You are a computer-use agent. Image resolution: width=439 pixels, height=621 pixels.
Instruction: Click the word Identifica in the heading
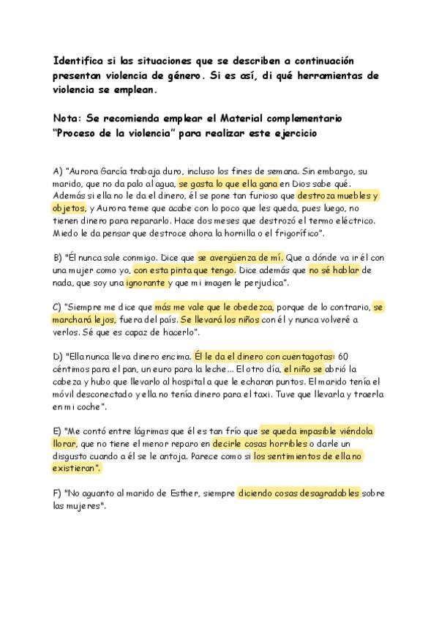point(80,60)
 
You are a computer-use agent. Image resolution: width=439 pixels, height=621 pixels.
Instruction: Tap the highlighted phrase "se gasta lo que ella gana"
point(228,184)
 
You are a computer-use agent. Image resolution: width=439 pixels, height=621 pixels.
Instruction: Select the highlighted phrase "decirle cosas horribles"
point(253,444)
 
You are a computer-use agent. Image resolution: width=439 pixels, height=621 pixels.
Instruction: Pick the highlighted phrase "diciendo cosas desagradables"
point(299,493)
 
